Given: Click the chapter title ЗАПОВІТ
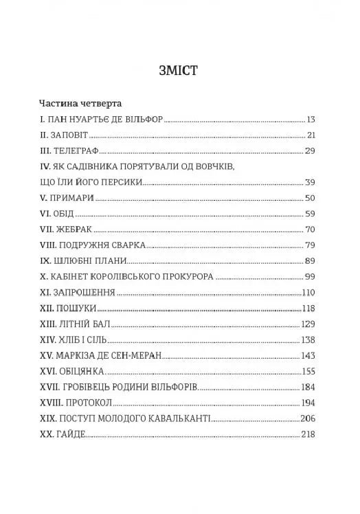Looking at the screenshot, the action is [x=71, y=135].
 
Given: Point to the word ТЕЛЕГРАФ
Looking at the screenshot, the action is [x=80, y=150].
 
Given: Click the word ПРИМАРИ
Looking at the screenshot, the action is [x=71, y=198].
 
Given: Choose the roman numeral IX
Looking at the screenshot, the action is [x=46, y=261].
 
